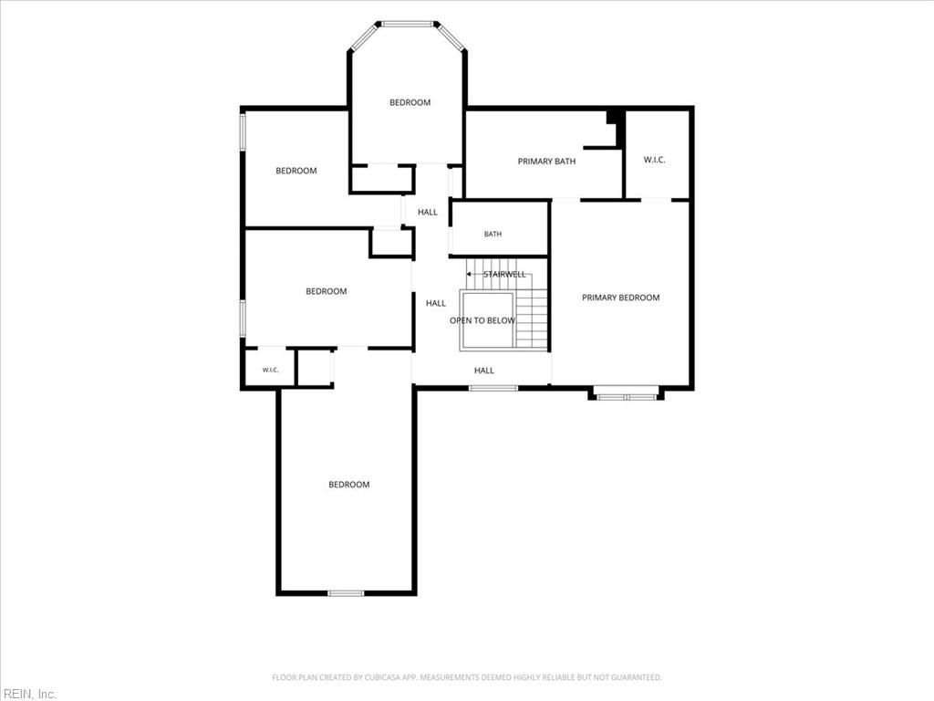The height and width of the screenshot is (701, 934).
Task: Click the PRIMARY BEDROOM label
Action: pos(620,298)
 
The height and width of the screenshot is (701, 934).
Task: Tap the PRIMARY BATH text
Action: pos(547,161)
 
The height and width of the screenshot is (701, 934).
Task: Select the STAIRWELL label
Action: pos(504,274)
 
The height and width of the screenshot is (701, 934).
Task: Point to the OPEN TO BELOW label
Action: pos(483,320)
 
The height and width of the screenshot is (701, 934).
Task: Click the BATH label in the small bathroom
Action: pos(493,235)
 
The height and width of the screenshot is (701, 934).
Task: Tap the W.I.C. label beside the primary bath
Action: pos(654,160)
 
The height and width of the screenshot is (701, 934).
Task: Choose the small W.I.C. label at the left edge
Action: pos(270,371)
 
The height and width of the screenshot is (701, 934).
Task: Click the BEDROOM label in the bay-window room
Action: pos(410,102)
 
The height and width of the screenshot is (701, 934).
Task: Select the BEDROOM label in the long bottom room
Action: pos(349,485)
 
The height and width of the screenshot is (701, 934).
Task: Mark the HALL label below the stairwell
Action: pos(484,371)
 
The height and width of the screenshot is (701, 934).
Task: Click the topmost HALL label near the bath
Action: pos(428,212)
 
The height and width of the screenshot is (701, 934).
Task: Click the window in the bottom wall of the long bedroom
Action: pos(346,593)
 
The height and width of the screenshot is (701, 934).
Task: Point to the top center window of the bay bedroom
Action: pos(409,25)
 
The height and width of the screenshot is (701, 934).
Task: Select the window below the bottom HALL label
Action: pos(493,389)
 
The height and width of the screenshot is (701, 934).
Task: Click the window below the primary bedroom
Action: pos(626,396)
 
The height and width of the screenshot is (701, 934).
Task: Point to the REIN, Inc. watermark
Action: pos(28,694)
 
